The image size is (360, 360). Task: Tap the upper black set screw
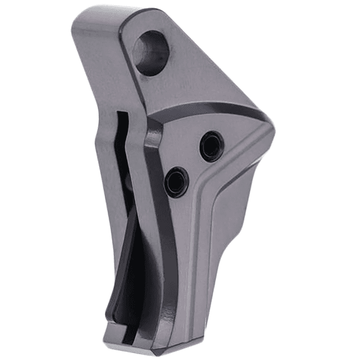point(211,146)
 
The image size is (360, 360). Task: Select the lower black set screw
point(177,182)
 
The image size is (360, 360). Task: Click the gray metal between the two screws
point(194,164)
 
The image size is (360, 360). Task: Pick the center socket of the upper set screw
point(211,146)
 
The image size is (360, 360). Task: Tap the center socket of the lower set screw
point(177,182)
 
